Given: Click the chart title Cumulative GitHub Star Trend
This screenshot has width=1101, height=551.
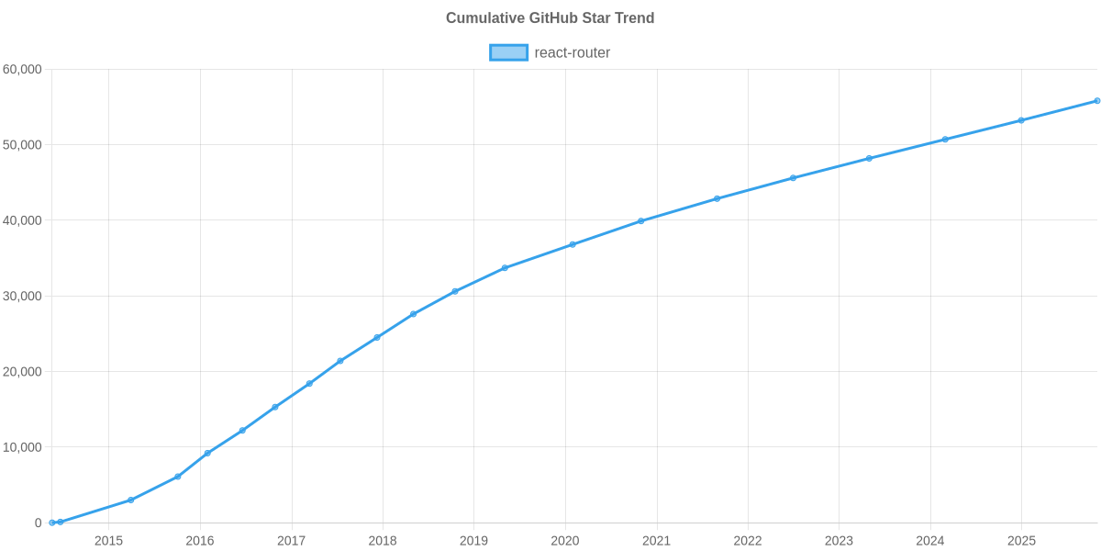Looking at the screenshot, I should point(550,18).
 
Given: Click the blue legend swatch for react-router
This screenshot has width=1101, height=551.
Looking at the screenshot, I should point(508,52).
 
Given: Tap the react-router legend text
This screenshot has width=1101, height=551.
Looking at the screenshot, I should point(572,52).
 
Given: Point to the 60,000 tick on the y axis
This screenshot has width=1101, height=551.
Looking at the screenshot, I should point(23,70).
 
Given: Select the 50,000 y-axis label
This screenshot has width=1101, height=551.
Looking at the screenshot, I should point(23,145).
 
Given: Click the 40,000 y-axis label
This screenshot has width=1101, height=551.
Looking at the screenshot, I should point(23,220).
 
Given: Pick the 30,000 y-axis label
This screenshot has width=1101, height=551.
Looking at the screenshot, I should point(23,297).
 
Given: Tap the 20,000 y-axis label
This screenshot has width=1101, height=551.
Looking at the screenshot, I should point(23,372).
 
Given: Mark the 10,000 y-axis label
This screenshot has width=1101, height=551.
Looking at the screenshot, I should point(23,447).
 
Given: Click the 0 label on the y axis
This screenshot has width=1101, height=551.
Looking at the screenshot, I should point(39,523).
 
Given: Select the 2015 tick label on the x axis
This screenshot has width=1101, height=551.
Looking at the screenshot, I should point(108,541).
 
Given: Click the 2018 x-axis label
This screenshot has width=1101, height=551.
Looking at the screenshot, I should point(383,541).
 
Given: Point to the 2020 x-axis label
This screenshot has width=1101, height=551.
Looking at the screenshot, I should point(565,541).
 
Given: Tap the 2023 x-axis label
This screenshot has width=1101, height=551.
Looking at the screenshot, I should point(839,541).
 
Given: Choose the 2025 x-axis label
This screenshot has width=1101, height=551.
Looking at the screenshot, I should point(1021,541).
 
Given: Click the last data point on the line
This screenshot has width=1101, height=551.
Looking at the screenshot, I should point(1096,101).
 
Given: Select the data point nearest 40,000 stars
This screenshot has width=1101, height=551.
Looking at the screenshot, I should point(641,220).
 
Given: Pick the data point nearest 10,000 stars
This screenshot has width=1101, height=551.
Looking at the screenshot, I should point(207,453).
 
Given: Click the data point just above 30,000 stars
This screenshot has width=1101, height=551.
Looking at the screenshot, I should point(454,291).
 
